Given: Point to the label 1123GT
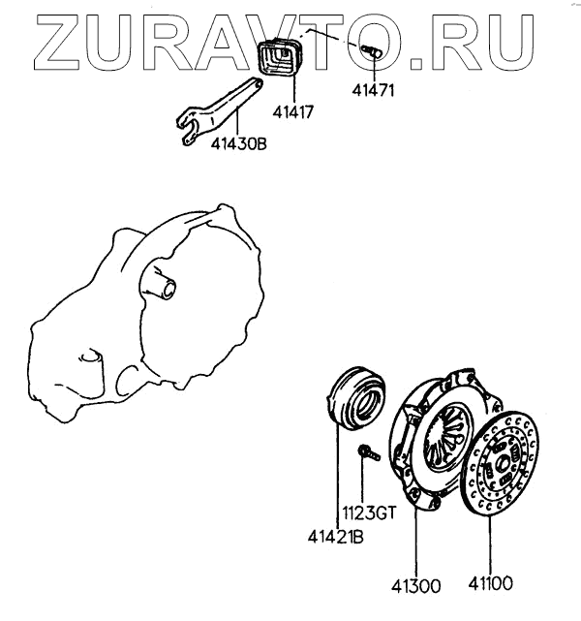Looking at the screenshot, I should (x=366, y=514).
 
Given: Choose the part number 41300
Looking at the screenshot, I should (x=415, y=585).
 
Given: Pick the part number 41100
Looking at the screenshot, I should (x=488, y=585).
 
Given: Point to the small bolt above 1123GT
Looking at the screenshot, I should (x=365, y=453).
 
